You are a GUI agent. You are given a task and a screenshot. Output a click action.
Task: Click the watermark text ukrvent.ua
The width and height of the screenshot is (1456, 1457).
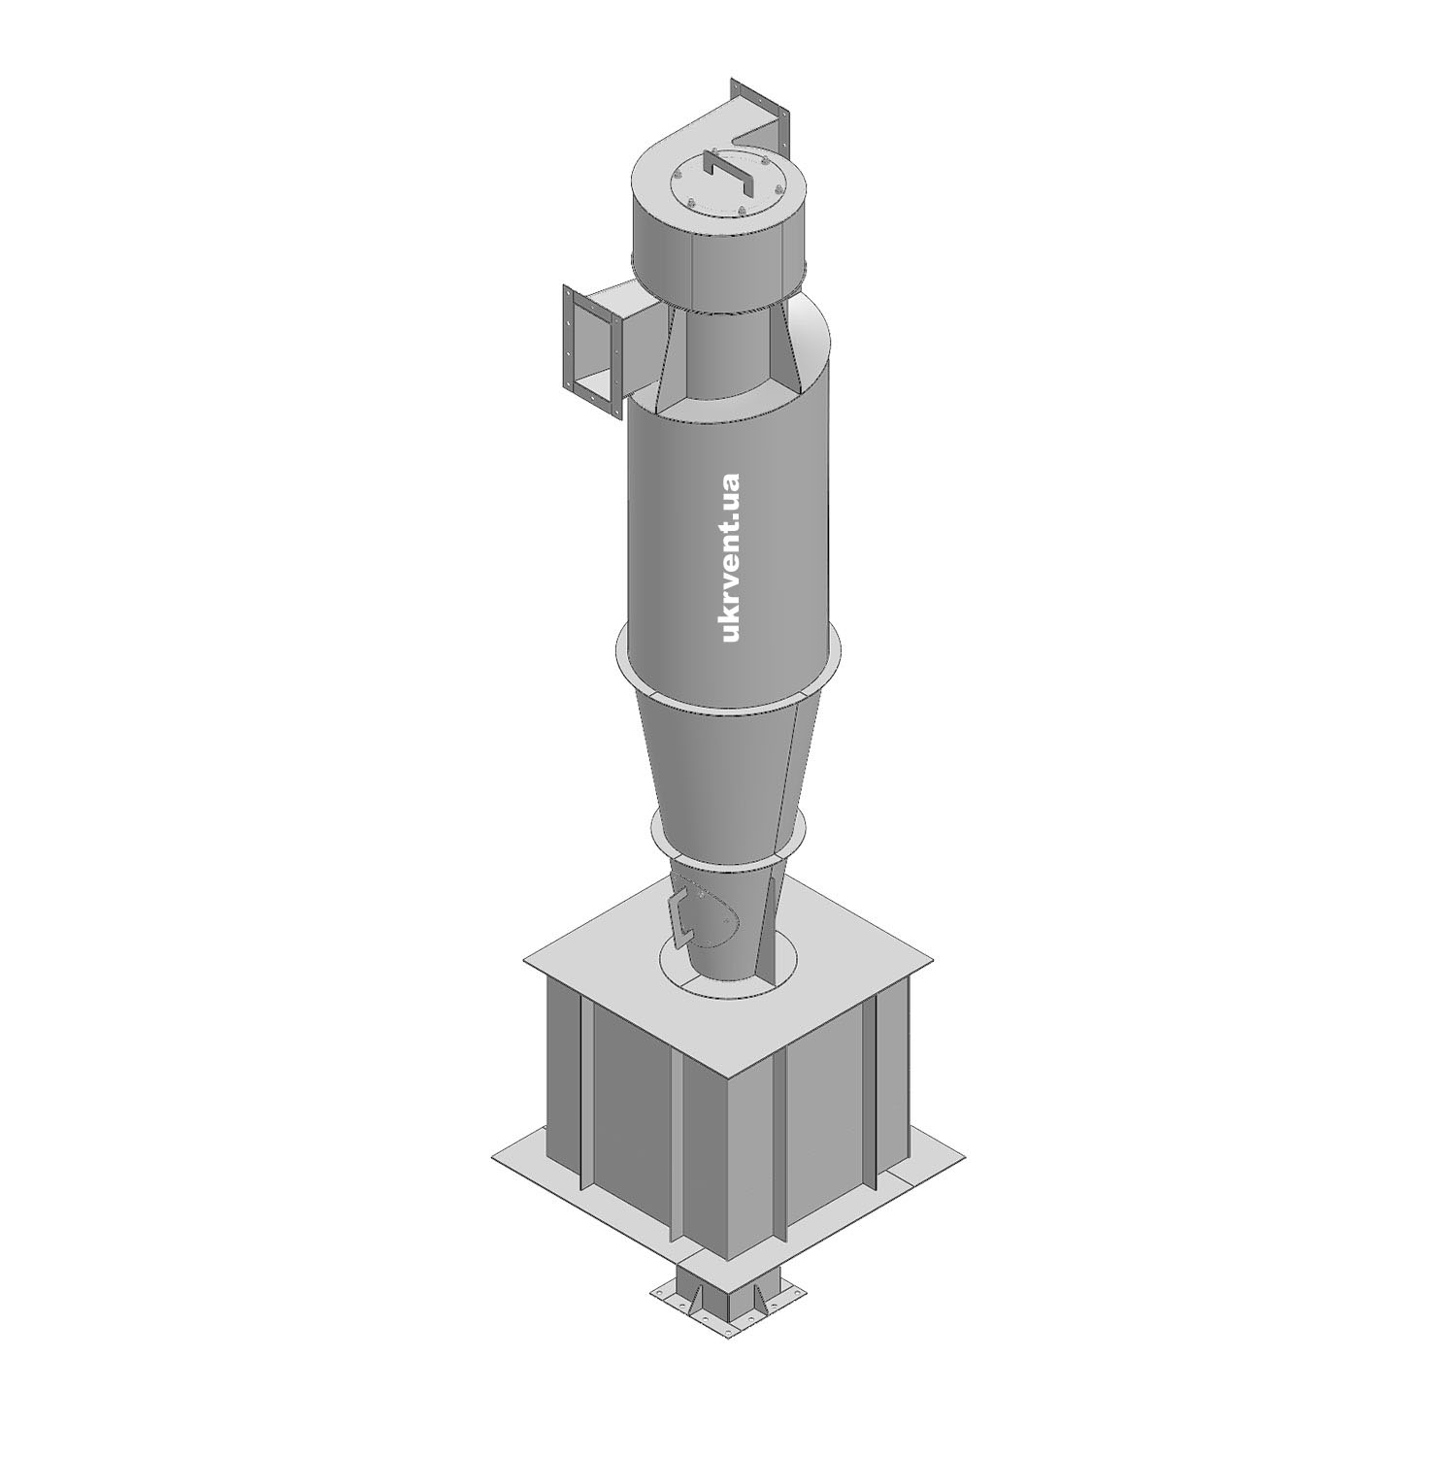coord(731,557)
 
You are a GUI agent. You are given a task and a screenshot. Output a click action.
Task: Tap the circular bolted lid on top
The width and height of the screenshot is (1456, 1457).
coord(726,185)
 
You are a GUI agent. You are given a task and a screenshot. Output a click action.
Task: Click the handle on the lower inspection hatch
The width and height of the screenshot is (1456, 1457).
coord(681,912)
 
